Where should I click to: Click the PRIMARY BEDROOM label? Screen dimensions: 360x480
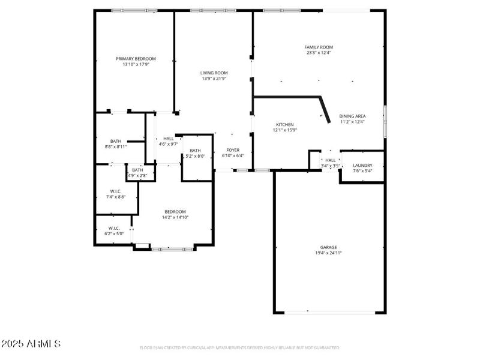click(136, 59)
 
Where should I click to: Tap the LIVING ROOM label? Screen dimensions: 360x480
click(214, 73)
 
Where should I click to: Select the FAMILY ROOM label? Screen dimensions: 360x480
click(318, 47)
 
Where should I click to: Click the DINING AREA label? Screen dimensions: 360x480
click(352, 116)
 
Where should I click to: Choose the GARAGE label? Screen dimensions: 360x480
click(328, 247)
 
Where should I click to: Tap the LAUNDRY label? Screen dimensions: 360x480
click(362, 166)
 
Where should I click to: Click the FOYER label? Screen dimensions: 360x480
click(233, 150)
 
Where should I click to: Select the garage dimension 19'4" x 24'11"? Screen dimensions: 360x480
click(328, 253)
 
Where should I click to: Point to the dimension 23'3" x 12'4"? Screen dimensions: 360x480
click(318, 53)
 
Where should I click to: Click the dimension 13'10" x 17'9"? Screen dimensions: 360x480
click(136, 64)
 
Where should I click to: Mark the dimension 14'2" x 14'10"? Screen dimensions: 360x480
click(175, 217)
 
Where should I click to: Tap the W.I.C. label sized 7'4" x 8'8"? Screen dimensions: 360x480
click(115, 191)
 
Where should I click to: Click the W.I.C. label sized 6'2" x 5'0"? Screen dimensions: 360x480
click(114, 228)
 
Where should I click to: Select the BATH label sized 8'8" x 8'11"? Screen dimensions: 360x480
click(115, 141)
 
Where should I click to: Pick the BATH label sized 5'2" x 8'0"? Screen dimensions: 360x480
click(195, 151)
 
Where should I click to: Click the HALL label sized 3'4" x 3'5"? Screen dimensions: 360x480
click(330, 160)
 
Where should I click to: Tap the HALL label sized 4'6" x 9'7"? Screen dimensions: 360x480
click(169, 139)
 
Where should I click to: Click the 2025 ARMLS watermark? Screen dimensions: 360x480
click(31, 344)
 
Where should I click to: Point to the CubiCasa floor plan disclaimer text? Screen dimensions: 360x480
click(239, 347)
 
